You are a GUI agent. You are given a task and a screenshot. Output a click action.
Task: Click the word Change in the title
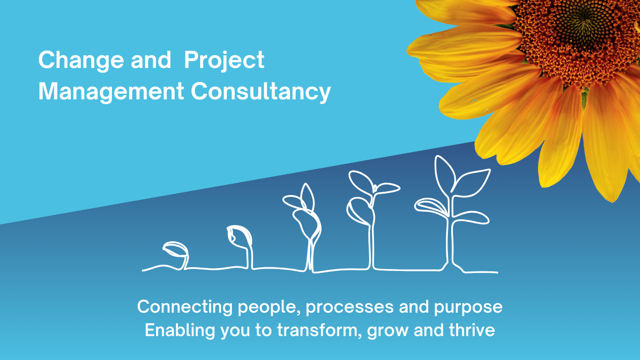81,60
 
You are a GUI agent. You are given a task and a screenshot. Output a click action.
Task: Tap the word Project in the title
224,60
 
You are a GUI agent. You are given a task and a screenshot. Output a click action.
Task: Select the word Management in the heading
111,91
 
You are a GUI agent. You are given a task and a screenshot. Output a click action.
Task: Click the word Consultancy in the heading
261,92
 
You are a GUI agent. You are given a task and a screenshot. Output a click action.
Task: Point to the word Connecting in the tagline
185,307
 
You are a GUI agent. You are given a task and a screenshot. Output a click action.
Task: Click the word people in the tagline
269,307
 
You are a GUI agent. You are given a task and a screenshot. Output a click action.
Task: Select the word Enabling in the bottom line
180,331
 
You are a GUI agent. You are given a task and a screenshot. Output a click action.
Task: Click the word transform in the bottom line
318,330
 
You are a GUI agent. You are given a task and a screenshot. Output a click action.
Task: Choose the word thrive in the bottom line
472,330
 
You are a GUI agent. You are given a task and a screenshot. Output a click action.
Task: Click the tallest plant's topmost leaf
444,174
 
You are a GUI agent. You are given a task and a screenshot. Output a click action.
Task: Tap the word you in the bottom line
235,332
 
